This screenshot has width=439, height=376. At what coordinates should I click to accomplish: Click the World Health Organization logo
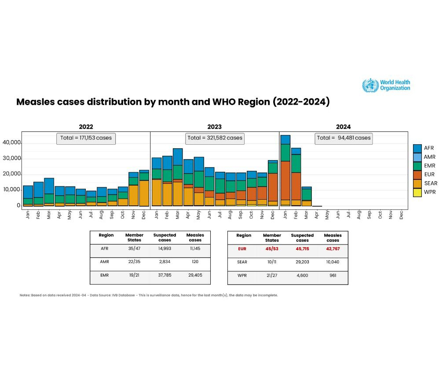point(386,85)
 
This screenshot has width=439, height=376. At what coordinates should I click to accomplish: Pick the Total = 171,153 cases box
point(86,138)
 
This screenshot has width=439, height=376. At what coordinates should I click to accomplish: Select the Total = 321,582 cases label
point(215,138)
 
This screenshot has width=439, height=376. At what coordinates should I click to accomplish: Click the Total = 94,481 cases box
point(344,138)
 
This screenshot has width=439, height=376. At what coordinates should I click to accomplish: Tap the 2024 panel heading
point(343,127)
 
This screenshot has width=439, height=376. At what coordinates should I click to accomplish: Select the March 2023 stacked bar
point(178,177)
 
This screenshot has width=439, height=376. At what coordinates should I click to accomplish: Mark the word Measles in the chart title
point(35,102)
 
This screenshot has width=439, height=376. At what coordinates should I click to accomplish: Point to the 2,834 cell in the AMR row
point(165,262)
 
